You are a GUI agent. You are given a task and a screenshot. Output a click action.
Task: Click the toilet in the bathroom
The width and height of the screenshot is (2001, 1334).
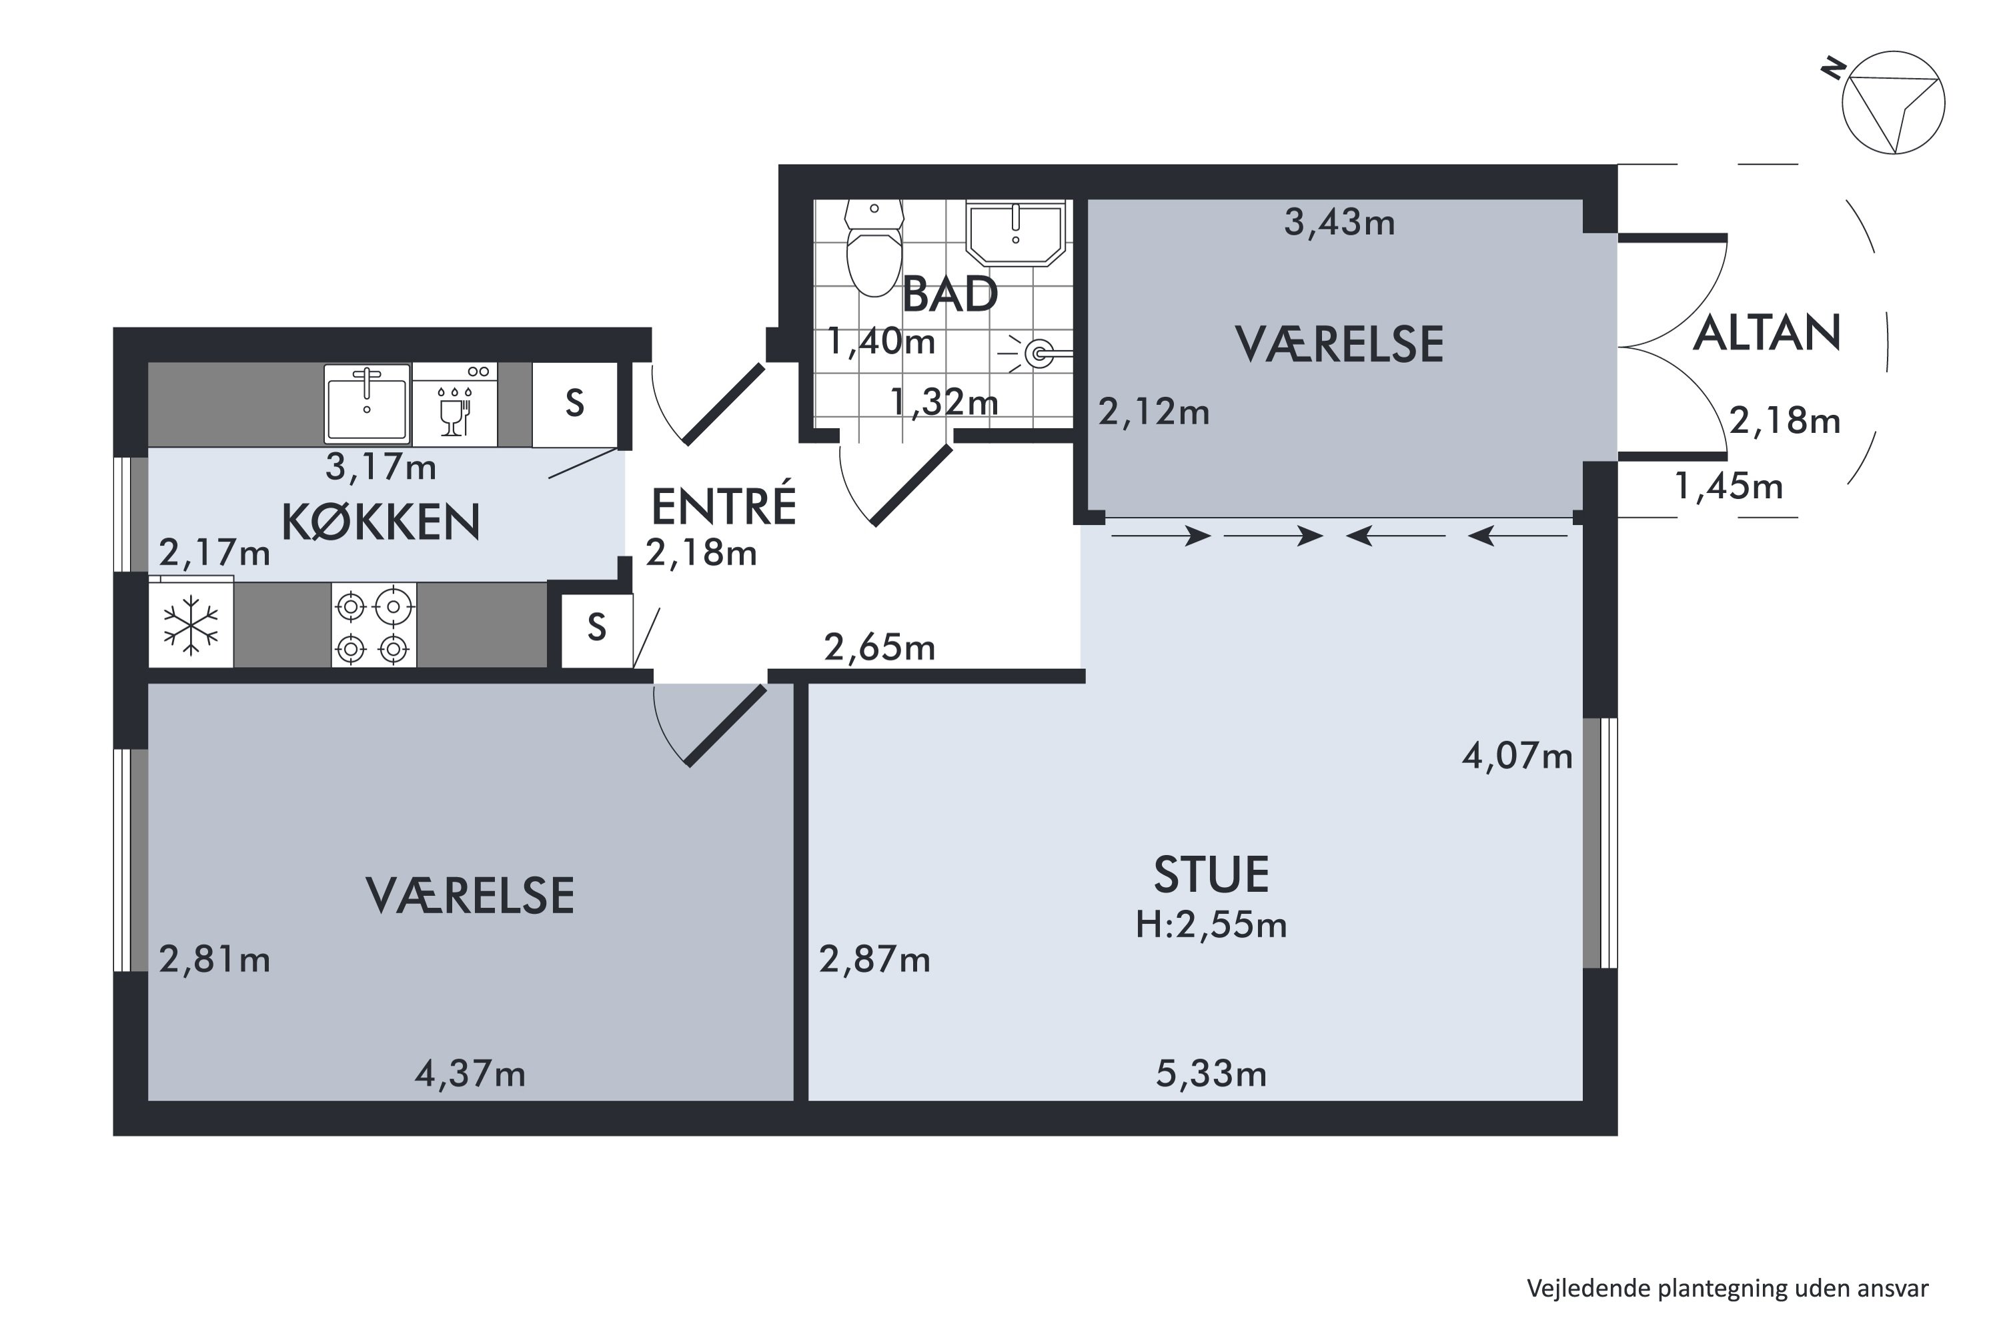[874, 251]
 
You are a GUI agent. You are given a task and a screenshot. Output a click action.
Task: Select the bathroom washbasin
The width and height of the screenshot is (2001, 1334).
[1016, 233]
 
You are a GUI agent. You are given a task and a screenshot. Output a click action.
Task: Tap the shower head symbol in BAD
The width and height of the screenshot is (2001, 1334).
[1039, 352]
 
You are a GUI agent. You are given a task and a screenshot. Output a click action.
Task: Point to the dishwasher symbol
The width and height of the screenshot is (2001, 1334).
[455, 406]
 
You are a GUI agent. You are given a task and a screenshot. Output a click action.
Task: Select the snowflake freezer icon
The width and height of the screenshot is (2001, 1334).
[191, 627]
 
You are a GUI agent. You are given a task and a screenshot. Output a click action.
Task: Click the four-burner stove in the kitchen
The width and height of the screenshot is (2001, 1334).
[374, 626]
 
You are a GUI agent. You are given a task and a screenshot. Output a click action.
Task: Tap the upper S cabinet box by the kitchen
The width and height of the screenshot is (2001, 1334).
[574, 404]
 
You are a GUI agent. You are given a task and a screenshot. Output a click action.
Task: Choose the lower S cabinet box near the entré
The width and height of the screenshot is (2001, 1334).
[596, 630]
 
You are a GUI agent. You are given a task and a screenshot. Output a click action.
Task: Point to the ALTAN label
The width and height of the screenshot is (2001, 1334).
[1766, 333]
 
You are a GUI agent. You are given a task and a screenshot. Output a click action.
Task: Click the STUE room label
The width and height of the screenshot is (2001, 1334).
[1211, 875]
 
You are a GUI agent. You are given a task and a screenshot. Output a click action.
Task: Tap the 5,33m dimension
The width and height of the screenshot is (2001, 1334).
[1211, 1075]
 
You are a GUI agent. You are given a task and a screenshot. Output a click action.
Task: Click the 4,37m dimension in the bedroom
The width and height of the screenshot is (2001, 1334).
[470, 1075]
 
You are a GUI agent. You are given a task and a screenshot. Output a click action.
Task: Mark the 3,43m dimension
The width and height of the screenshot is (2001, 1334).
[1339, 223]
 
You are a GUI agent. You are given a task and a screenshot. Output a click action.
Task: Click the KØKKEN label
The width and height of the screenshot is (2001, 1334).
[380, 522]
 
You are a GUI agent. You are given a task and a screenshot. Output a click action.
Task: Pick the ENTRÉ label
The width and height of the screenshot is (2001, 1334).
[723, 506]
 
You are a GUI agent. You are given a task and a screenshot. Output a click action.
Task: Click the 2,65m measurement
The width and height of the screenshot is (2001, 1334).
[879, 649]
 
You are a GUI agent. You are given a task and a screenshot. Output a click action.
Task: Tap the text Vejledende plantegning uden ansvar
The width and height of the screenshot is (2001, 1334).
[1727, 1289]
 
